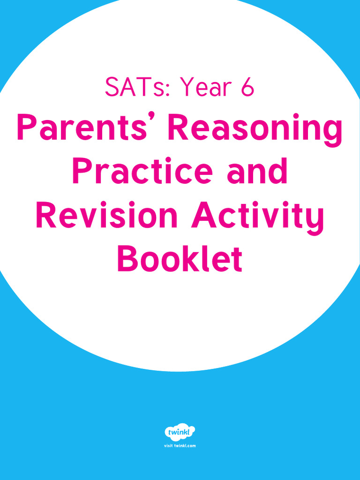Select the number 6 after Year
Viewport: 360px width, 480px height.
tap(247, 88)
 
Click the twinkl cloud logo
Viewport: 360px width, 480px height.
tap(180, 432)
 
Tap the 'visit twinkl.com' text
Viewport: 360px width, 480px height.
tap(180, 445)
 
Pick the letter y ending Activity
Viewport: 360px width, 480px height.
tap(315, 219)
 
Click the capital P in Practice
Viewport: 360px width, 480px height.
tap(83, 172)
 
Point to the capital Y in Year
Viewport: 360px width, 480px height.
tap(188, 88)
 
